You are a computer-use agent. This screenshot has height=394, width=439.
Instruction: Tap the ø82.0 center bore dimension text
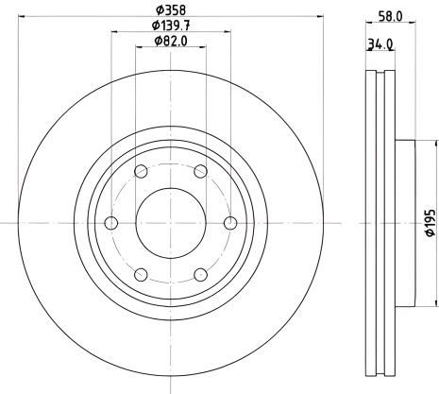(x=170, y=43)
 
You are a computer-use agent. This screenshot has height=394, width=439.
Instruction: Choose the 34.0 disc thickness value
(x=381, y=43)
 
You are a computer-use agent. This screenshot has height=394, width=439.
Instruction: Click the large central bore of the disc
(x=171, y=223)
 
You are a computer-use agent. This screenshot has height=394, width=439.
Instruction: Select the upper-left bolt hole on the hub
(x=141, y=171)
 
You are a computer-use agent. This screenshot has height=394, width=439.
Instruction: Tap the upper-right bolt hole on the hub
(x=200, y=171)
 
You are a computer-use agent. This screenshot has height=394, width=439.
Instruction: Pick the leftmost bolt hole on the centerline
(x=111, y=223)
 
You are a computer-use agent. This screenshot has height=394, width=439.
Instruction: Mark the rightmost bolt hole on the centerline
(x=230, y=223)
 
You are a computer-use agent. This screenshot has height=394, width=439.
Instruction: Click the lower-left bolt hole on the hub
(x=141, y=275)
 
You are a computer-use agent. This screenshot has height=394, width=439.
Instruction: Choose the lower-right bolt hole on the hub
(x=200, y=275)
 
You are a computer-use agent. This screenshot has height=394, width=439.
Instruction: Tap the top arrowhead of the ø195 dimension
(x=420, y=144)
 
